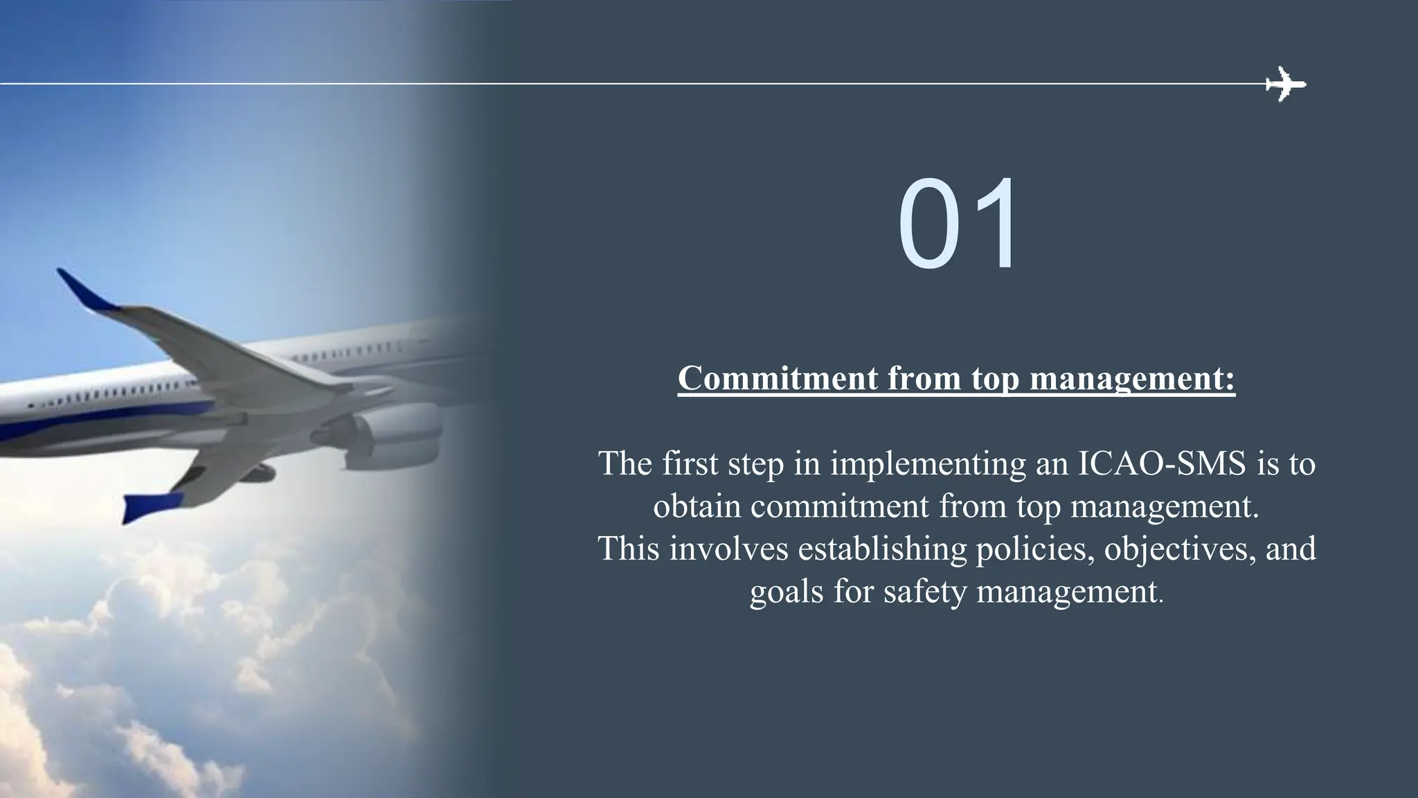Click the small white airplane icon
1286,85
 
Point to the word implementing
928,464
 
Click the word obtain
697,506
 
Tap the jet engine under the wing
395,434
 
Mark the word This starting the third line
628,549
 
